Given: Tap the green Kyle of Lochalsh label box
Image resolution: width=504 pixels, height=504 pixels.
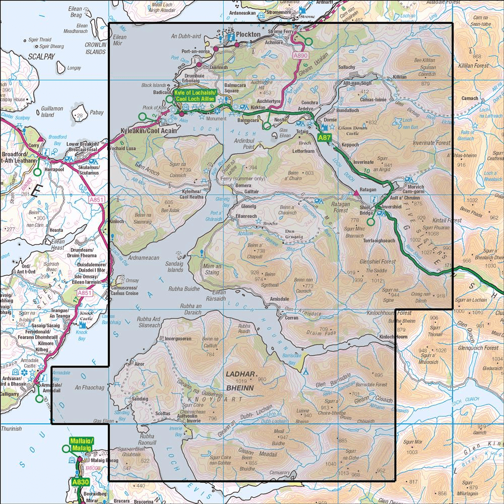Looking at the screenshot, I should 195,95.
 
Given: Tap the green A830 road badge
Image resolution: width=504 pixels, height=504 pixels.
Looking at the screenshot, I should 80,482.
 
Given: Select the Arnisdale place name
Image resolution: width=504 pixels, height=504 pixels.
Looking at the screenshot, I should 280,299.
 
